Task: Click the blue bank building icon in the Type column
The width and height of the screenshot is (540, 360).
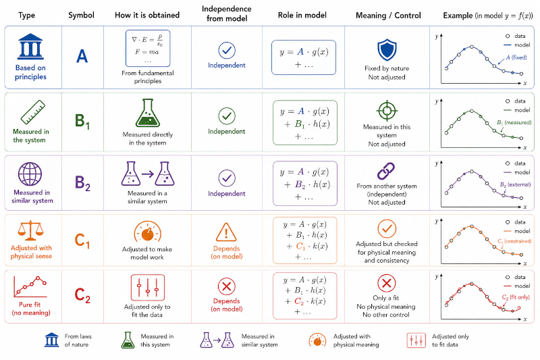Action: click(x=30, y=47)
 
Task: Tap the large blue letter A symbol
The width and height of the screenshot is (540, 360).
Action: click(x=82, y=56)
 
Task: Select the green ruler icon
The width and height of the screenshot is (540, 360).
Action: click(x=32, y=112)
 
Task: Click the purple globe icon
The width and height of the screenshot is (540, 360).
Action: click(x=30, y=174)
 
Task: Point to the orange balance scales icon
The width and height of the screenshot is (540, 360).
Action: click(x=30, y=230)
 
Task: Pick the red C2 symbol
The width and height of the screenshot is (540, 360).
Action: click(x=82, y=295)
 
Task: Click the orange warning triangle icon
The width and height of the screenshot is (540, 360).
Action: click(x=226, y=232)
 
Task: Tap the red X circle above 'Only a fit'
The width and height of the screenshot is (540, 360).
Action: click(x=386, y=283)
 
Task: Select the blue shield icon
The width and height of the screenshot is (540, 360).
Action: click(x=387, y=50)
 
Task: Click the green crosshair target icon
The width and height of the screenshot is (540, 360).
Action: click(x=387, y=111)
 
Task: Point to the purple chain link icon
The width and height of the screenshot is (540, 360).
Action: click(x=386, y=171)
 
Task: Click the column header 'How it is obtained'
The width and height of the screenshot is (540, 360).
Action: click(x=147, y=15)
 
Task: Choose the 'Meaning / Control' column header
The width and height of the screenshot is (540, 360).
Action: click(x=388, y=16)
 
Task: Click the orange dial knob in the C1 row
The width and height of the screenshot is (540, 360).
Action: click(x=147, y=232)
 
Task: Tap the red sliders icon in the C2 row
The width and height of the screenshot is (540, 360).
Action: click(x=148, y=288)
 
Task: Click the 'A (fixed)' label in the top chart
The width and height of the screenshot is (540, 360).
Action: click(x=516, y=57)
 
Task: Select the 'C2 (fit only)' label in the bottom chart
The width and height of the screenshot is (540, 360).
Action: click(x=516, y=297)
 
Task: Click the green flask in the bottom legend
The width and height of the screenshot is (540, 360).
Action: click(x=128, y=340)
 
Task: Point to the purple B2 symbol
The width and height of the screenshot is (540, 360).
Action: click(x=82, y=183)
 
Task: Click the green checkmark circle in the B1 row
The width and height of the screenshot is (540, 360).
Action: click(x=227, y=115)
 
